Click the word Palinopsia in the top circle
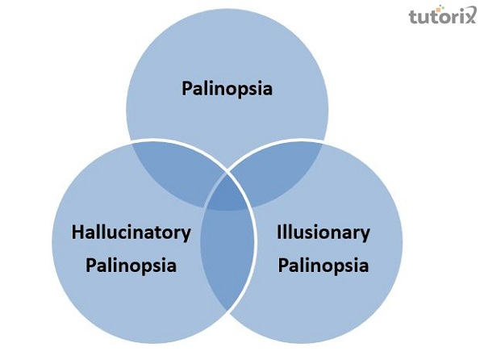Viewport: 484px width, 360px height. click(x=227, y=89)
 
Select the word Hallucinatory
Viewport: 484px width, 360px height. click(x=131, y=232)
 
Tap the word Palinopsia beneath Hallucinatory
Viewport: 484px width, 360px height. click(x=131, y=266)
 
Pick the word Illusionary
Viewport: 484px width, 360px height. click(x=323, y=232)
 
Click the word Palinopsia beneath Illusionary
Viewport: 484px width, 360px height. click(x=323, y=266)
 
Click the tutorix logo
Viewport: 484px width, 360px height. click(x=442, y=15)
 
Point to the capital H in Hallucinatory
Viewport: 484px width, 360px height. click(x=77, y=232)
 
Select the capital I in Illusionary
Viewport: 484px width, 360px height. click(x=279, y=232)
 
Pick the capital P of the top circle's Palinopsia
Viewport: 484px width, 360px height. click(x=187, y=88)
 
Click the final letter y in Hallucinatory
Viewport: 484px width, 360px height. click(x=186, y=235)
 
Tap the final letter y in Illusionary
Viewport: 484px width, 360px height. click(x=365, y=235)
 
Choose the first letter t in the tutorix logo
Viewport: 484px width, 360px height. click(x=414, y=16)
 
